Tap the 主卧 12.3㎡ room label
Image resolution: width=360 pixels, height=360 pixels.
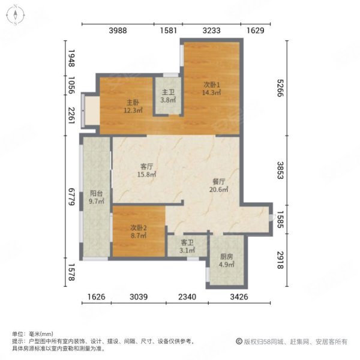(133, 106)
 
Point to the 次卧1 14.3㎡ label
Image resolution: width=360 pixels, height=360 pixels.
(211, 88)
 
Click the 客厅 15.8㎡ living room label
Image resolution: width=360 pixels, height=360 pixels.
(148, 170)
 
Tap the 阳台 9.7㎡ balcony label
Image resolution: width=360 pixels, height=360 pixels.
(97, 198)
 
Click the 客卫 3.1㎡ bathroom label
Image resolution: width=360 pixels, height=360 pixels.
(187, 245)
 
